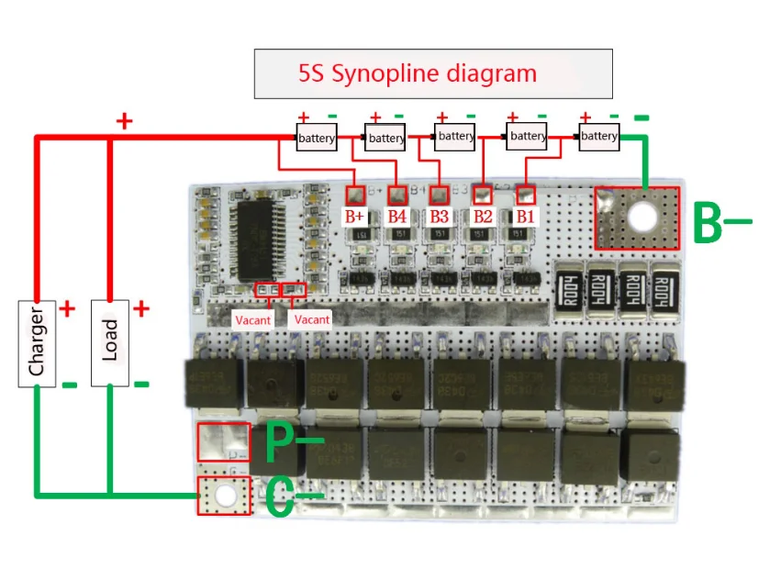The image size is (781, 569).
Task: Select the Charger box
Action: coord(37,342)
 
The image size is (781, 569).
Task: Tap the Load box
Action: coord(109,342)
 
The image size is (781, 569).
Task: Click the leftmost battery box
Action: coord(316,138)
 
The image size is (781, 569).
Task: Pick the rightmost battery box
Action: coord(599,137)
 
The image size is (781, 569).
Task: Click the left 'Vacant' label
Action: coord(253,320)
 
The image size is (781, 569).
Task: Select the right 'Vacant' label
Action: coord(311,320)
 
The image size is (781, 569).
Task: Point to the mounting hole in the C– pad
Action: coord(225,496)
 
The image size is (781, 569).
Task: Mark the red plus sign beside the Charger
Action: coord(66,309)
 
